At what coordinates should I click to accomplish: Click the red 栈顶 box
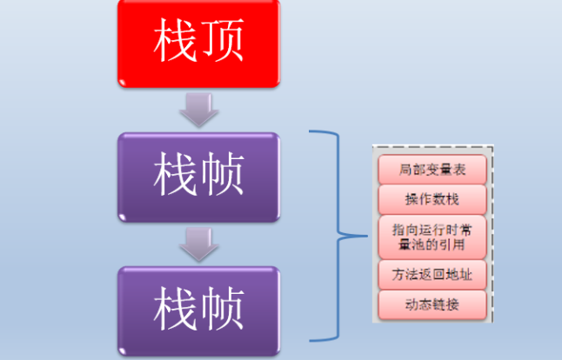click(x=198, y=43)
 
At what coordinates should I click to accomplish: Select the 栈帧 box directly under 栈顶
click(x=198, y=176)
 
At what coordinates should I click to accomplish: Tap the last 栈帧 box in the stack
click(x=198, y=308)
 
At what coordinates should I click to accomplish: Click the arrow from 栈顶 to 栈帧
click(x=198, y=110)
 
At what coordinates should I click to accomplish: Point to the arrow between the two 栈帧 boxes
click(x=198, y=243)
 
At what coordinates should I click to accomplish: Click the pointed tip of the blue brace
click(x=340, y=235)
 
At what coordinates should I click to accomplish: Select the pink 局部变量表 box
click(x=432, y=170)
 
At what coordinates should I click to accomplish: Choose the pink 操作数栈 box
click(x=432, y=199)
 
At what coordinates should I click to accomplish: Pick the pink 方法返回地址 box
click(x=432, y=275)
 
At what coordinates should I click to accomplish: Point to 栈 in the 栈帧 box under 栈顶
click(x=174, y=176)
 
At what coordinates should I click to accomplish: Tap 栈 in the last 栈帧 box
click(x=174, y=308)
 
